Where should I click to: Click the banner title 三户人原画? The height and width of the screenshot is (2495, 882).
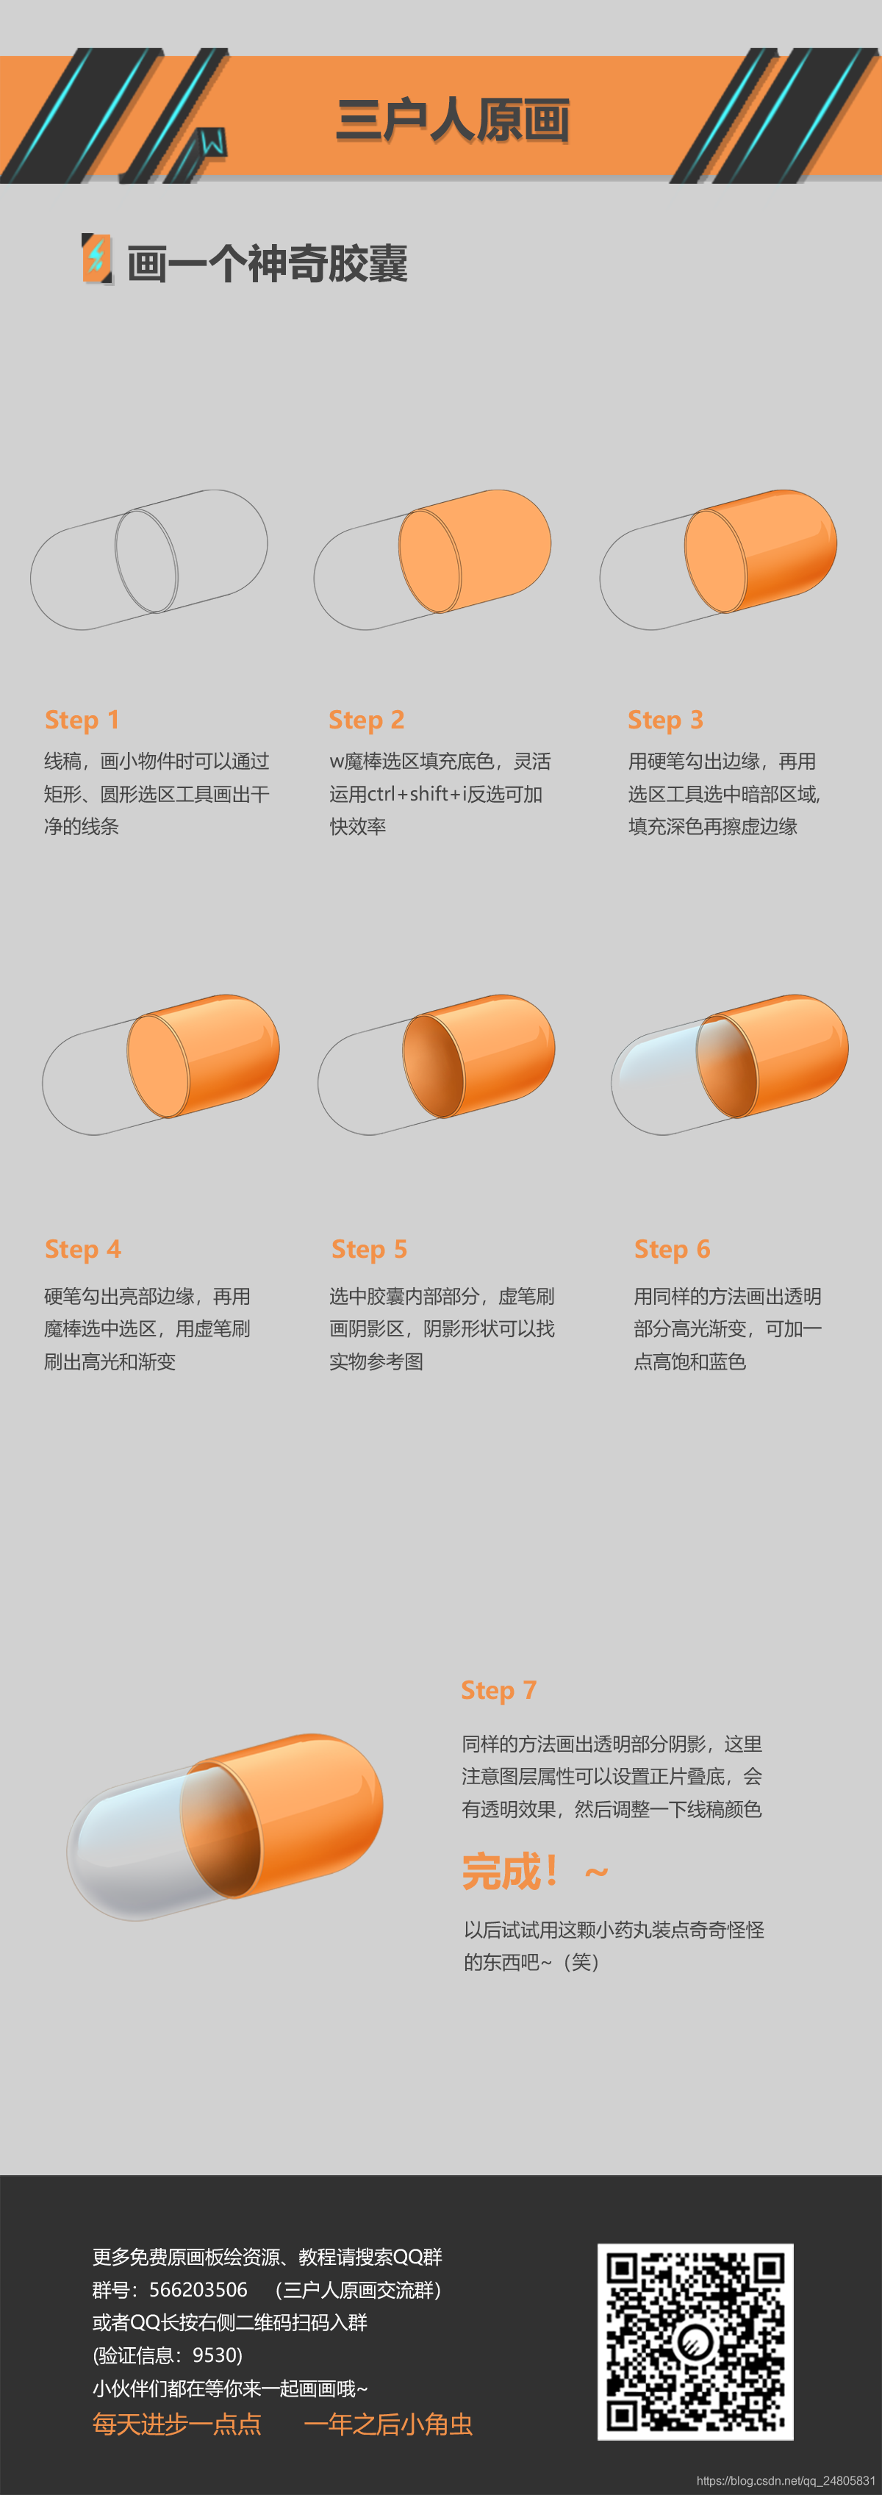(452, 121)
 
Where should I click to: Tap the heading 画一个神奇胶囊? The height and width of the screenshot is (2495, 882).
(268, 263)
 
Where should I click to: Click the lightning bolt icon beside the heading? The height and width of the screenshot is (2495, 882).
(96, 259)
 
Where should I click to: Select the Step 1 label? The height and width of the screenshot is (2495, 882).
(82, 720)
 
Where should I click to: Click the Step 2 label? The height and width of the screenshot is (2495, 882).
(367, 720)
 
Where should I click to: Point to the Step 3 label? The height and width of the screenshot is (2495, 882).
(666, 720)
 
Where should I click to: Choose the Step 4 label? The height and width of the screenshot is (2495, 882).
(83, 1250)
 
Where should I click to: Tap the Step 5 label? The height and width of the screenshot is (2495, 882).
(370, 1250)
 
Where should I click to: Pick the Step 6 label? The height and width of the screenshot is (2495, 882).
(673, 1250)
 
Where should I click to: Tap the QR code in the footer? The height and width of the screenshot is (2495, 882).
(695, 2341)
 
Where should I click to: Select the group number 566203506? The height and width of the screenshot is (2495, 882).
(198, 2290)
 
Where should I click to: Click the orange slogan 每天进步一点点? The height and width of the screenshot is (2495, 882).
(177, 2424)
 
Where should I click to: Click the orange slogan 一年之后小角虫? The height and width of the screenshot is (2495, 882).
(388, 2424)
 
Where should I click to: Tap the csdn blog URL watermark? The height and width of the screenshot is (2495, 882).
(785, 2480)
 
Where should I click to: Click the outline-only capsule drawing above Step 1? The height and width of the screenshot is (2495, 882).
(149, 560)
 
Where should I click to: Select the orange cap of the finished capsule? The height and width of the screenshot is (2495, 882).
(286, 1815)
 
